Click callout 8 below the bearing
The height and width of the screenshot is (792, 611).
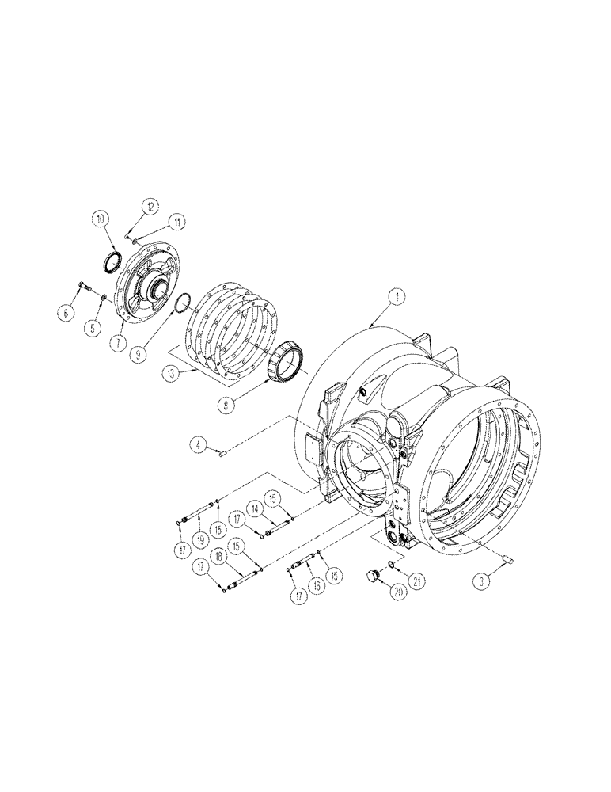tap(226, 403)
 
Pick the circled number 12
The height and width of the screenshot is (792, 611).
tap(150, 207)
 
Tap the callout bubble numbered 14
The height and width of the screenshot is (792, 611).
tap(256, 507)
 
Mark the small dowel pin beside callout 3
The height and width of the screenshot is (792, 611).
tap(507, 562)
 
